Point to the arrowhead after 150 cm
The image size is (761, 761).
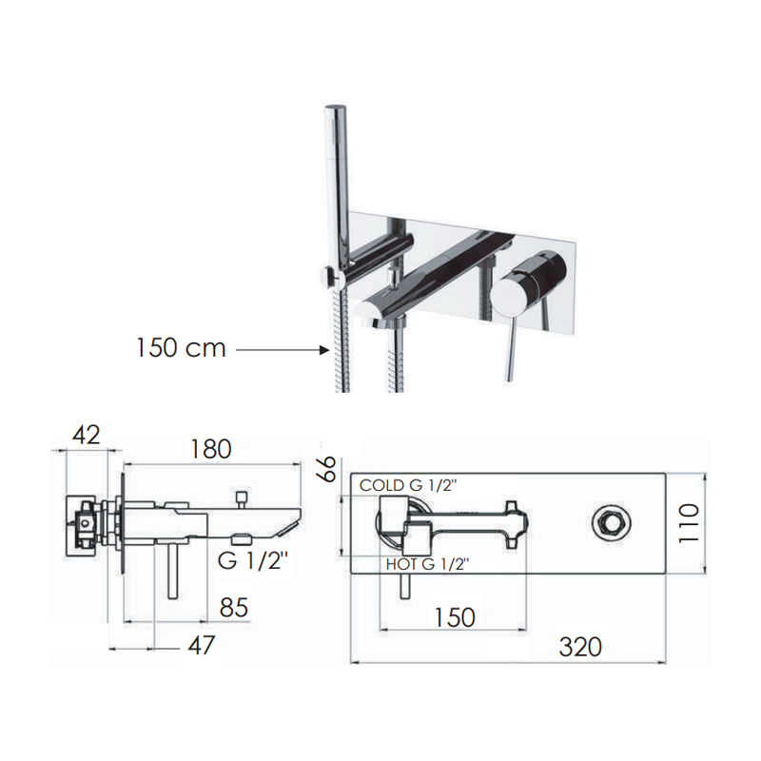pyautogui.click(x=321, y=350)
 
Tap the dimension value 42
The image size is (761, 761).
pyautogui.click(x=87, y=435)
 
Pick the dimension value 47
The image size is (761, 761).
pyautogui.click(x=198, y=645)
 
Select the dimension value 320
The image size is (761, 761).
pyautogui.click(x=579, y=647)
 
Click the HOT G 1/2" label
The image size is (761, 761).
pyautogui.click(x=427, y=564)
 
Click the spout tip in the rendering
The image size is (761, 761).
pyautogui.click(x=374, y=311)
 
